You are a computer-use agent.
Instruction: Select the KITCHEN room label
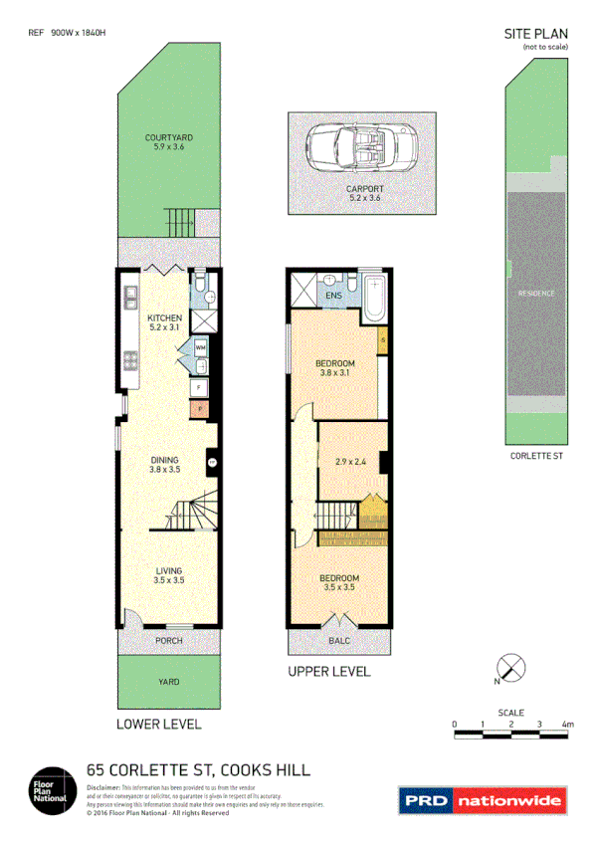click(x=164, y=318)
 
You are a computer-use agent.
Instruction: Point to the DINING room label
click(x=164, y=460)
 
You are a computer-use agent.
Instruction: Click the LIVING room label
click(x=168, y=570)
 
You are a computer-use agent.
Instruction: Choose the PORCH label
click(x=168, y=640)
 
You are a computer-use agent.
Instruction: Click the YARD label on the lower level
click(x=168, y=683)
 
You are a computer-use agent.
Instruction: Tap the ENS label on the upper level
click(x=331, y=295)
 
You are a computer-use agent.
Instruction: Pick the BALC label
click(x=339, y=642)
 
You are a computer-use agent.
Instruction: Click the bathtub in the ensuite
click(x=375, y=296)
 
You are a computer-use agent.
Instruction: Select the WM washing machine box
click(x=199, y=347)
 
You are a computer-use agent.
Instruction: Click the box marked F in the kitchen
click(x=199, y=387)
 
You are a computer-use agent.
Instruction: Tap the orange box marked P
click(x=199, y=408)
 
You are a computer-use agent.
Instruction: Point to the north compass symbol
click(x=509, y=669)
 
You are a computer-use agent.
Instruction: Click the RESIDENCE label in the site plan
click(x=536, y=294)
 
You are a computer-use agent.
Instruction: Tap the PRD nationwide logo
click(x=482, y=799)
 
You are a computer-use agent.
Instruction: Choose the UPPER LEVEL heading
click(x=328, y=672)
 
